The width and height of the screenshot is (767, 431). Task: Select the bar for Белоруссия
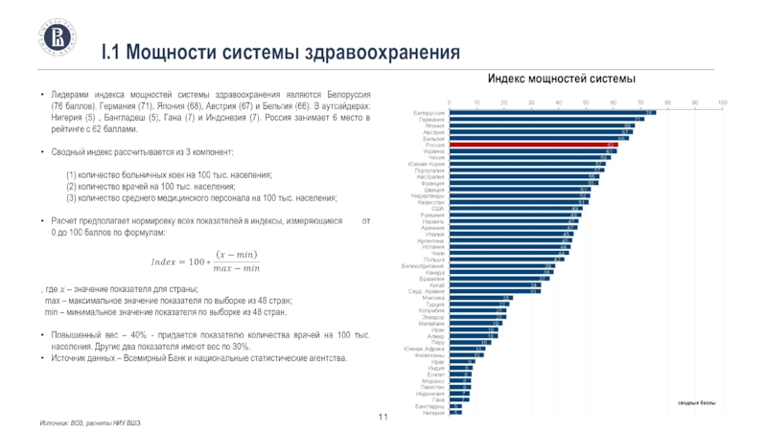click(551, 112)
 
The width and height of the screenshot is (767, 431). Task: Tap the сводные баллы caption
click(696, 405)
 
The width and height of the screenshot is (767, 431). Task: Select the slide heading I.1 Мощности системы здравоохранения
click(281, 50)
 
